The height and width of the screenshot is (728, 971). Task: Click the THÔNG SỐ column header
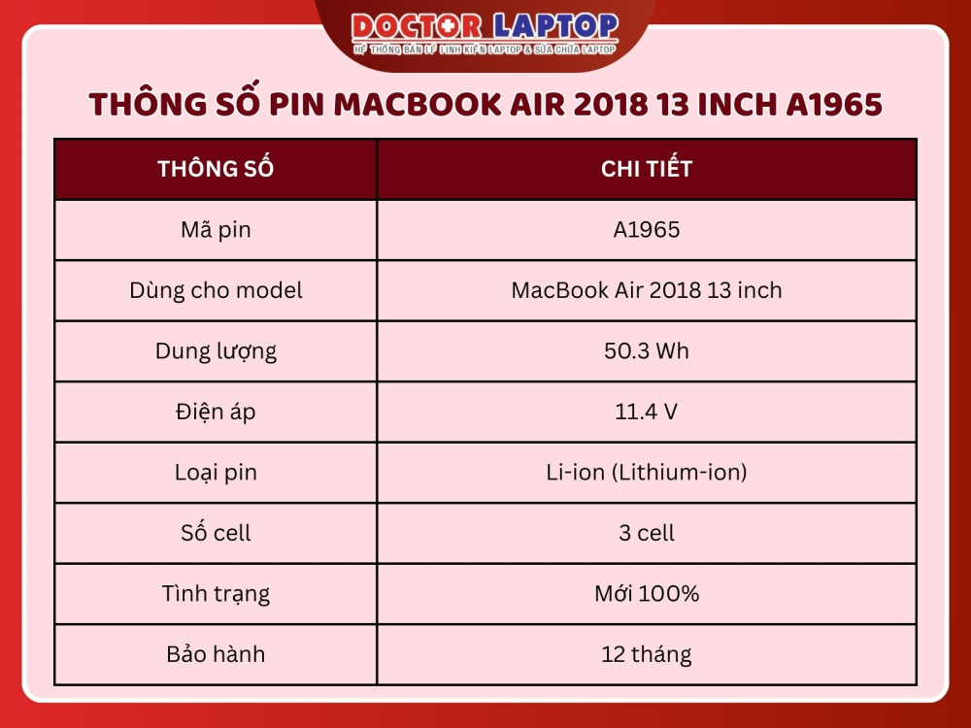(x=216, y=169)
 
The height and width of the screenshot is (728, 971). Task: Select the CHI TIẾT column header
(x=647, y=169)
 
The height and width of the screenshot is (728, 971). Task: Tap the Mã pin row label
(x=216, y=230)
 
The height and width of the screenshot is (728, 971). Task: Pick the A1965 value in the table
(x=647, y=230)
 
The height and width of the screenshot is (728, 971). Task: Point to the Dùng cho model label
(x=216, y=290)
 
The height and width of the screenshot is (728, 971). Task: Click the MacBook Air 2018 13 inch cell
(x=647, y=290)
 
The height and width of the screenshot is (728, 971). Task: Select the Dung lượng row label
(x=216, y=351)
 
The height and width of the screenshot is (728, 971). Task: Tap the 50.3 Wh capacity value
(x=647, y=351)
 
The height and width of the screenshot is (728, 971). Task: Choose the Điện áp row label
(x=216, y=412)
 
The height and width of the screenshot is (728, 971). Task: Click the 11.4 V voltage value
(x=647, y=412)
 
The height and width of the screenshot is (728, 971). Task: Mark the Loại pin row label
(x=216, y=473)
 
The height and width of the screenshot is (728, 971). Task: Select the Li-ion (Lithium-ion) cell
(x=647, y=473)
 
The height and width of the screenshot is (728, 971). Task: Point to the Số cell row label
(x=216, y=533)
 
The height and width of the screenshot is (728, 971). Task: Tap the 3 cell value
(x=647, y=533)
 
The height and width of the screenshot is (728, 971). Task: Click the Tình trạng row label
(x=216, y=594)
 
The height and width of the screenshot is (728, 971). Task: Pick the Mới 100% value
(x=647, y=594)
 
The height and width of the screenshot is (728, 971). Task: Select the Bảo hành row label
(x=216, y=654)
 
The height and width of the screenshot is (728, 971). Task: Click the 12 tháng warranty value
(x=647, y=654)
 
